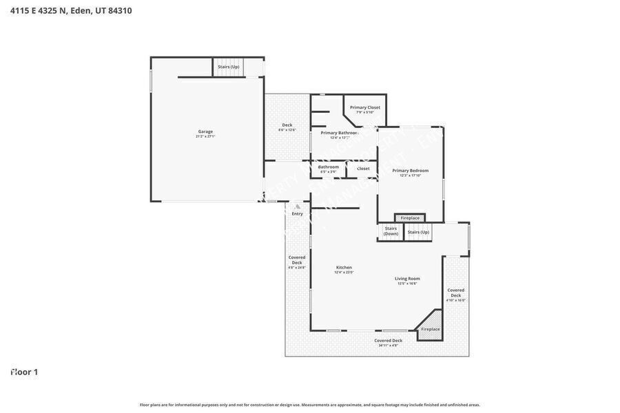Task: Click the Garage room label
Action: tap(205, 131)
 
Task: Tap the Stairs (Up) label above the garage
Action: tap(229, 67)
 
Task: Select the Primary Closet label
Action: tap(364, 107)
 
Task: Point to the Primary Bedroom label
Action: tap(410, 171)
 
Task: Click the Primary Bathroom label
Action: tap(339, 133)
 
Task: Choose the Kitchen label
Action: tap(344, 268)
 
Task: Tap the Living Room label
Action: tap(407, 279)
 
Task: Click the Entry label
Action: tap(297, 214)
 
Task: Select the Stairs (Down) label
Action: tap(391, 231)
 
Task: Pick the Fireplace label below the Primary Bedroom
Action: tap(410, 218)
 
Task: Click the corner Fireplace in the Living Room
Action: tap(430, 329)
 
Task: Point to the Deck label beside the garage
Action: tap(287, 125)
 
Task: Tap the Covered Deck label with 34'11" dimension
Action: tap(388, 341)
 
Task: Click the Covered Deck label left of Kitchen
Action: tap(297, 260)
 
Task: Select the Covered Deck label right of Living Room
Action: tap(455, 293)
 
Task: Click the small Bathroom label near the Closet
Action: tap(328, 167)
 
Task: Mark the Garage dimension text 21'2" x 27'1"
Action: tap(205, 136)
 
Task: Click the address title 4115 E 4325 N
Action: tap(71, 10)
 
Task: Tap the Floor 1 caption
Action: tap(24, 372)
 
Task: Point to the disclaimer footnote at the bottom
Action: tap(310, 405)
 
